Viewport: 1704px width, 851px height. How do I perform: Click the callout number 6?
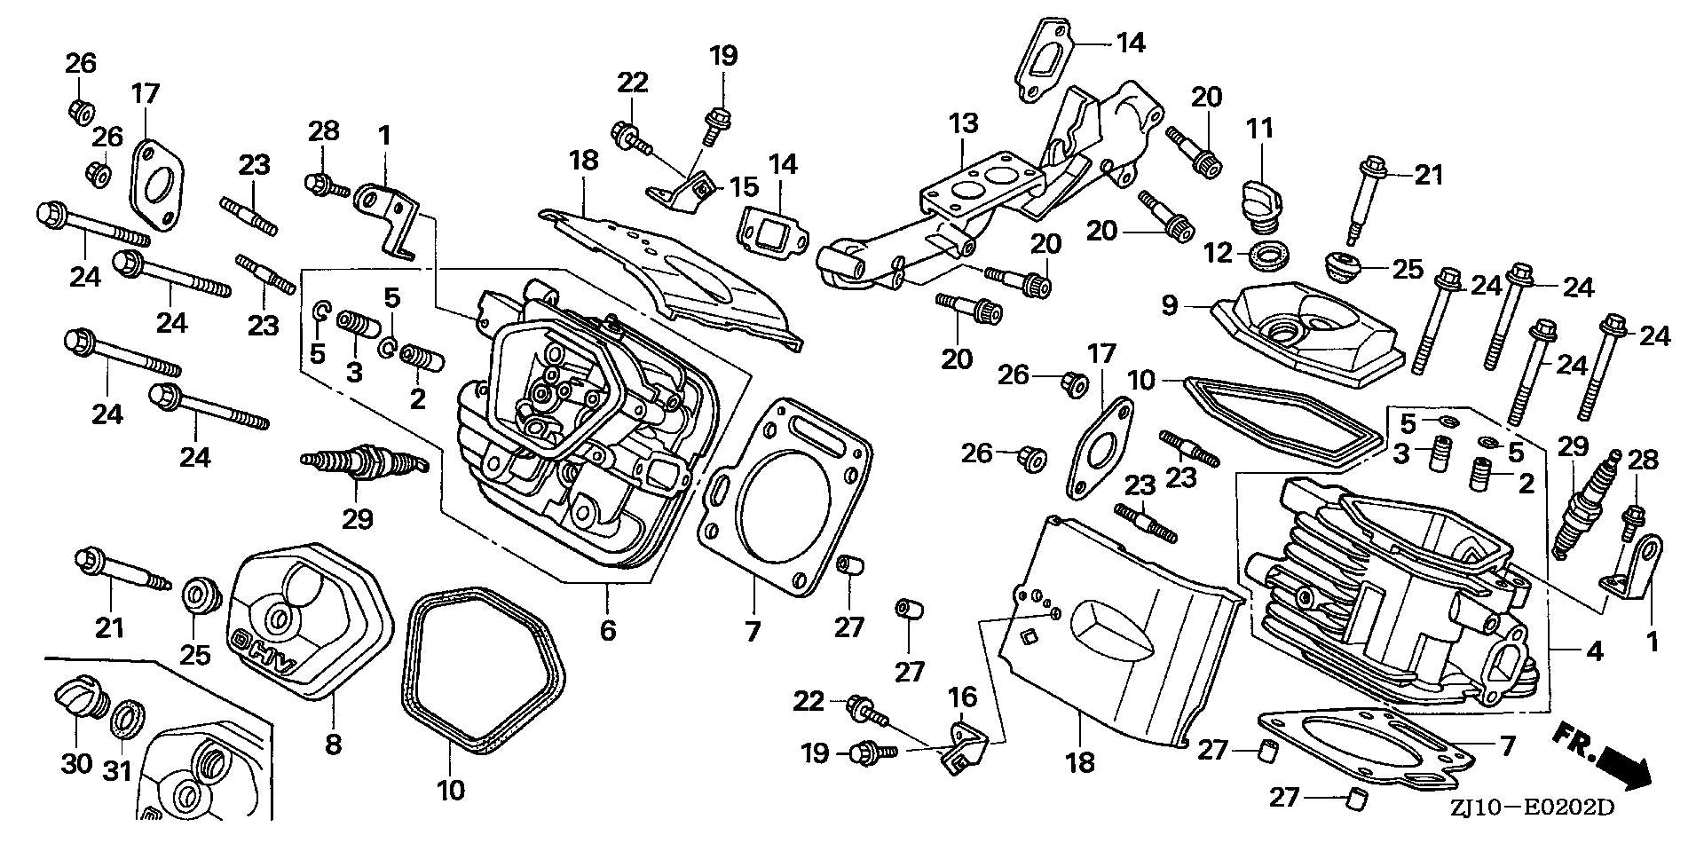607,631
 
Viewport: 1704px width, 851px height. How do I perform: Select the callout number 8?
333,744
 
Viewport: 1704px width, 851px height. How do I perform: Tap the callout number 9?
1169,306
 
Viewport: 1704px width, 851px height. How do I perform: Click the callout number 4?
1595,652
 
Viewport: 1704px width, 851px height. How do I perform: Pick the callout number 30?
76,763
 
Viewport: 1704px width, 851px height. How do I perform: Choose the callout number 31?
118,772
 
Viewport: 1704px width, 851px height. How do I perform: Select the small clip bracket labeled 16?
964,751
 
